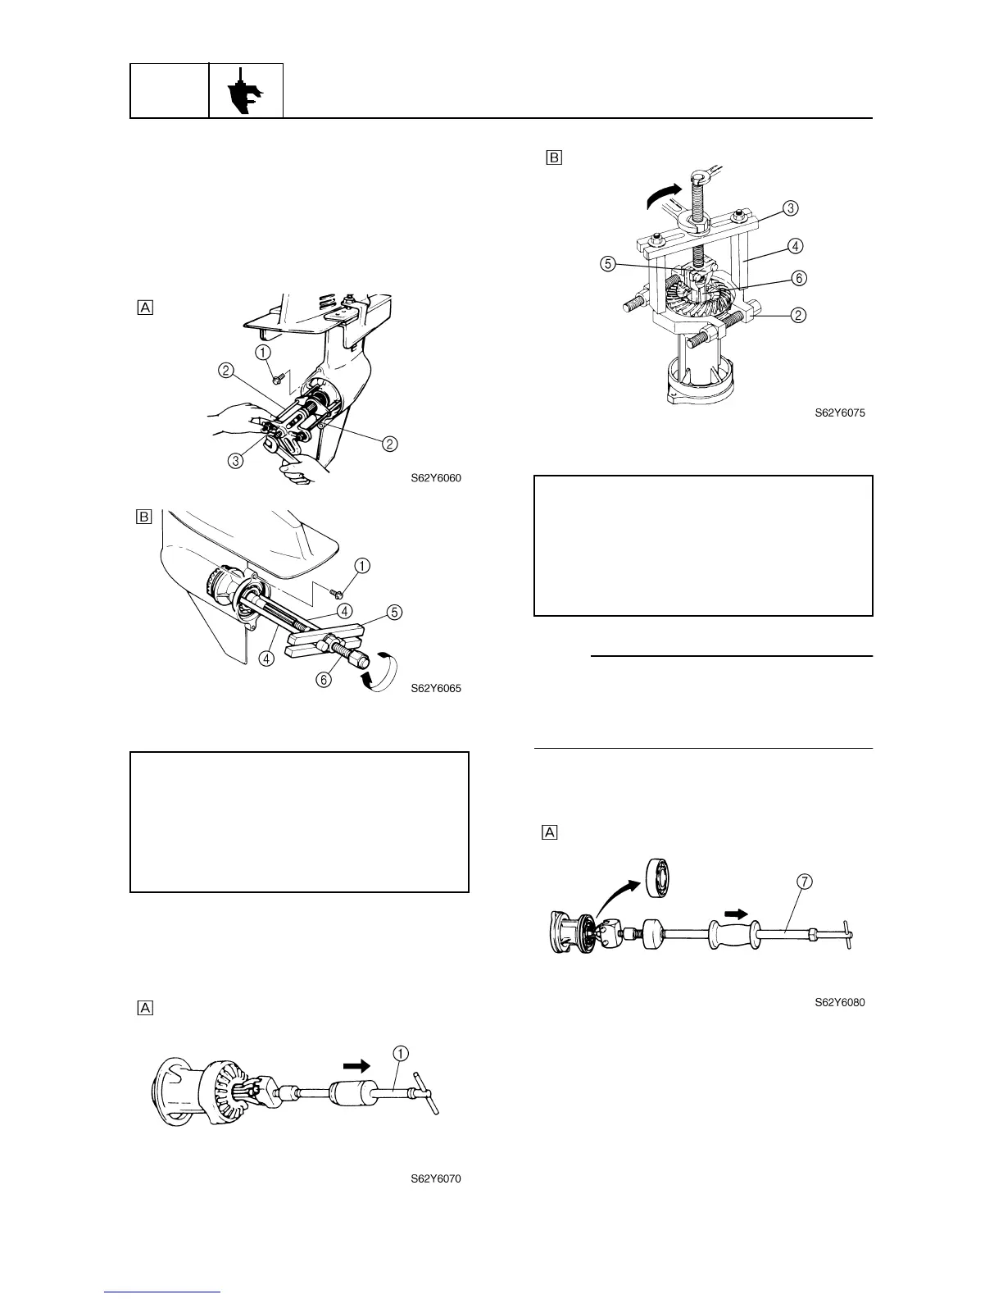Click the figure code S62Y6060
[x=436, y=478]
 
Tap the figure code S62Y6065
[x=436, y=688]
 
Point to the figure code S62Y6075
[x=839, y=413]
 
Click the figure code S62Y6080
[x=839, y=1002]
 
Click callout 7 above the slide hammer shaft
[x=805, y=882]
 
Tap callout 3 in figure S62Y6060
[x=236, y=460]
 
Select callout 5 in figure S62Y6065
[x=395, y=611]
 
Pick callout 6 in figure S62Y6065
[x=324, y=679]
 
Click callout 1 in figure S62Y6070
[x=402, y=1052]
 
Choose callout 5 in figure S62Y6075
[x=607, y=263]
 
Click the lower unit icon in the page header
[x=246, y=90]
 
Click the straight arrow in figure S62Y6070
[x=356, y=1065]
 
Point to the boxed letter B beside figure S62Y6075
[x=554, y=157]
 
